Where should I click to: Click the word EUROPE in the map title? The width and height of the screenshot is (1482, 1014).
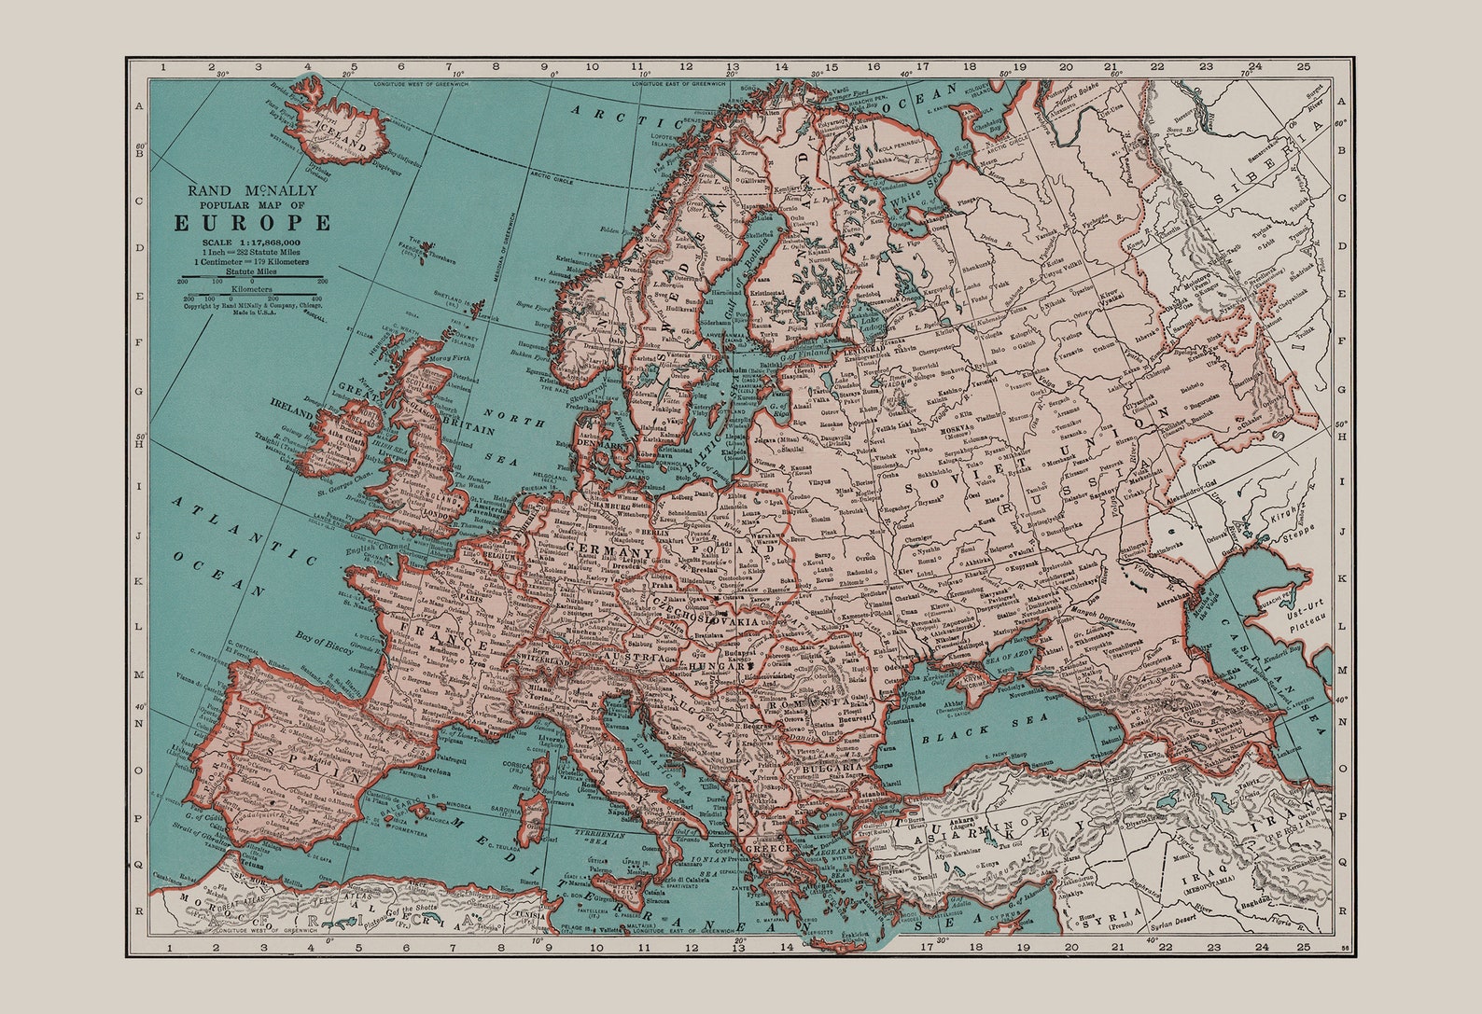pos(252,223)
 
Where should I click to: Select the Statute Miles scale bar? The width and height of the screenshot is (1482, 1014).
pos(252,278)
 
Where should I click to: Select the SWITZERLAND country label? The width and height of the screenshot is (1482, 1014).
pos(540,660)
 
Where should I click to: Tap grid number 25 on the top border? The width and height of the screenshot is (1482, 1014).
pos(1303,66)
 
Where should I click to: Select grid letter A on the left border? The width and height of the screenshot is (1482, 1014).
pos(139,106)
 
